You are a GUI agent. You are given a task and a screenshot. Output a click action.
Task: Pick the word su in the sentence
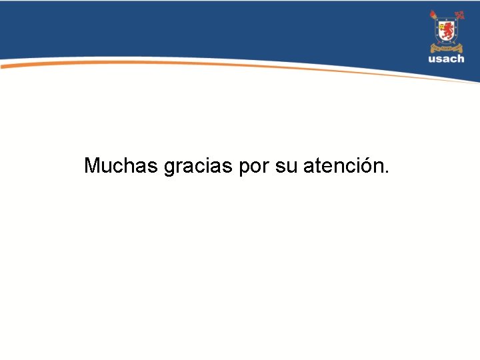(x=286, y=166)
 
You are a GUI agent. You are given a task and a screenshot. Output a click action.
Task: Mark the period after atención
(x=385, y=172)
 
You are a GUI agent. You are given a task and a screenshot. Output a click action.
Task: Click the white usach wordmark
(x=447, y=59)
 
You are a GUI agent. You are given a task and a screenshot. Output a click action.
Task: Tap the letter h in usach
(x=461, y=59)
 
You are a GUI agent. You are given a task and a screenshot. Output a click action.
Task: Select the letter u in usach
(x=432, y=60)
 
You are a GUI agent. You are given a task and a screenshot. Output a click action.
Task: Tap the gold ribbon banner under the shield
(x=446, y=47)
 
